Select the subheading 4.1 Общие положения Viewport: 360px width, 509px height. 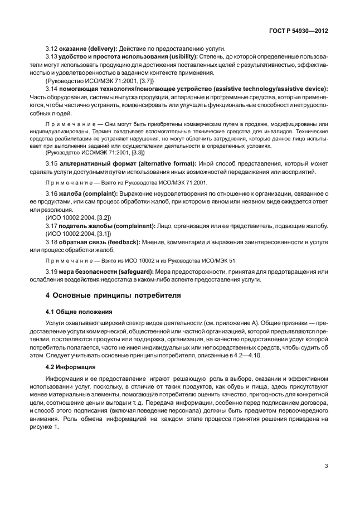[x=79, y=311]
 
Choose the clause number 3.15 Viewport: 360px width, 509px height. [x=51, y=163]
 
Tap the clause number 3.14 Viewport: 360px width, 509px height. [x=51, y=89]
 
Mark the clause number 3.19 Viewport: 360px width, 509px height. [x=51, y=272]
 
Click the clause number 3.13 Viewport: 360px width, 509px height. [x=51, y=56]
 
